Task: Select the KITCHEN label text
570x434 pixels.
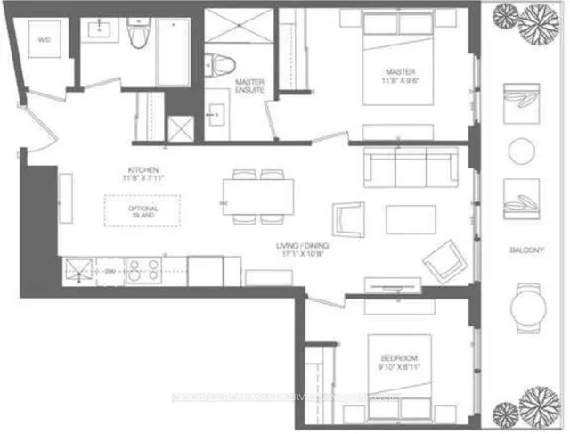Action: (x=142, y=175)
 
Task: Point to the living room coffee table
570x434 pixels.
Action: (x=410, y=219)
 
